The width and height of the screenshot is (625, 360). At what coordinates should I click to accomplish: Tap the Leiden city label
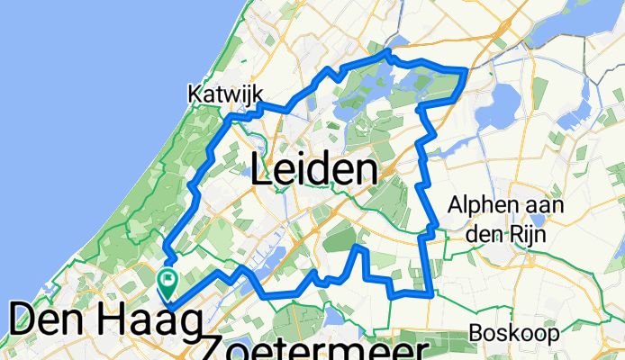[x=312, y=169]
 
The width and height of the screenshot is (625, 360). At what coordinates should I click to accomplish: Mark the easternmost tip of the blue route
[x=466, y=69]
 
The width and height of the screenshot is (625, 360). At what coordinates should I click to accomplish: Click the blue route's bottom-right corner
[x=432, y=293]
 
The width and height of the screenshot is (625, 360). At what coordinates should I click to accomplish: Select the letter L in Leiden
[x=262, y=169]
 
